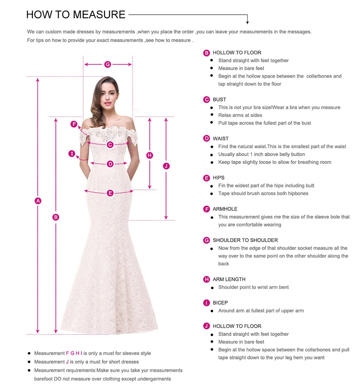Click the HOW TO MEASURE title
pos(76,15)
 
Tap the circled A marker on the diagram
pos(38,201)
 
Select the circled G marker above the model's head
pos(108,64)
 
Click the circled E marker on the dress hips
pos(110,193)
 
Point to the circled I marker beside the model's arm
pos(72,154)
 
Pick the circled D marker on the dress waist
pos(110,164)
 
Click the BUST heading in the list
pos(219,100)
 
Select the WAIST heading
pos(220,139)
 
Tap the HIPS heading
pos(218,178)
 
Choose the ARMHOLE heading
pos(225,209)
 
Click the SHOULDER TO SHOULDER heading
pos(245,240)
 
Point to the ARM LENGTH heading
pos(229,279)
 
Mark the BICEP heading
pos(220,303)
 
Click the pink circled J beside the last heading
pos(207,326)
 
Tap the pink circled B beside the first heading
pos(207,53)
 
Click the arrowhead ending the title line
pos(247,22)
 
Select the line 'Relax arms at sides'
pos(240,115)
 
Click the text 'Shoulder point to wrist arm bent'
pos(253,287)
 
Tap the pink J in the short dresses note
pos(67,362)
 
